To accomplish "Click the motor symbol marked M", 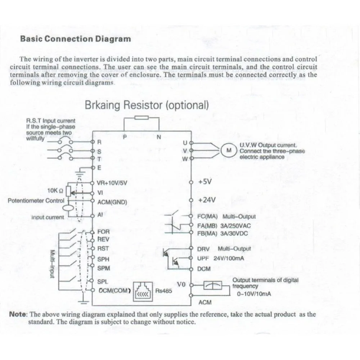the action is pos(229,150).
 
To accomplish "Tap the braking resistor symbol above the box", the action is pos(141,118).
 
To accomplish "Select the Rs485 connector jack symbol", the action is pos(143,292).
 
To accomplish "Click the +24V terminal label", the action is pos(207,200).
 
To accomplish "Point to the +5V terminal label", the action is pos(205,182).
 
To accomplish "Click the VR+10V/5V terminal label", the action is pos(112,183).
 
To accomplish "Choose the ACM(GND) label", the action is pos(112,202).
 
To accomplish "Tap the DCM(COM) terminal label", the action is pos(114,291).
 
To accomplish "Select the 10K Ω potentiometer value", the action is pos(55,190).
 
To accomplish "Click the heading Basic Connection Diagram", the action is pos(76,39).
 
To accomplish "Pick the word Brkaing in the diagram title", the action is pos(102,105).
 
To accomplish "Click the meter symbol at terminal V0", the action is pos(213,285).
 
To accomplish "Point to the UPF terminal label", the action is pos(203,258).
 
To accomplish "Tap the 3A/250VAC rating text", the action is pos(235,226).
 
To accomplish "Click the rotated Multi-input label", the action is pos(52,264).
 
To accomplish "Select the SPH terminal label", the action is pos(103,259).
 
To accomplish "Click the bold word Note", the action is pos(18,314).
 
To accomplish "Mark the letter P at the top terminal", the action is pos(125,137).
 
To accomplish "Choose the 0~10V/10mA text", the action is pos(254,294).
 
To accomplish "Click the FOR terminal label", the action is pos(104,231).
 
